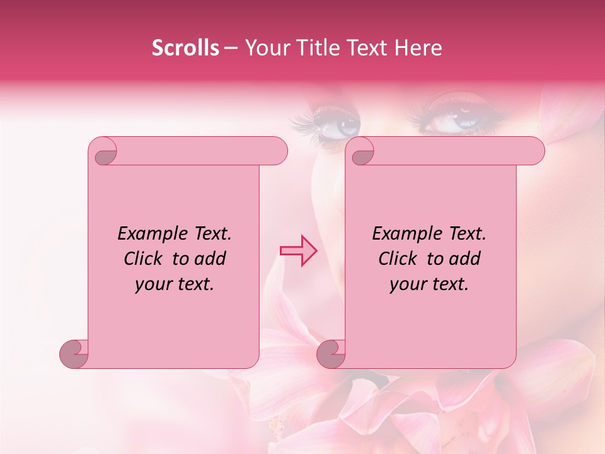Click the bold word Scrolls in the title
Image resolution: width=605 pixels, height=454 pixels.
point(185,48)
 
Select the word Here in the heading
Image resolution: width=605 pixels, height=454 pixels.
point(418,48)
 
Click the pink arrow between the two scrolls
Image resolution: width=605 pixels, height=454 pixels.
point(299,251)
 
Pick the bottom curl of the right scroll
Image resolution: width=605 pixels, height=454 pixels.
point(331,353)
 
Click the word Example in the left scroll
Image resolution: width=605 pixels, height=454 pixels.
point(147,234)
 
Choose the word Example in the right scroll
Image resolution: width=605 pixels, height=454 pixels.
point(402,234)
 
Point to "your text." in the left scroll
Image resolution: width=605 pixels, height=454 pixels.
point(175,284)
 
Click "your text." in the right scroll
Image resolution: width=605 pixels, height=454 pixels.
point(429,284)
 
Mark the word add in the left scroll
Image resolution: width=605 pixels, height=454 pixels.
point(210,259)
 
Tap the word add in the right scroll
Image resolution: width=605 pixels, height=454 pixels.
point(464,259)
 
